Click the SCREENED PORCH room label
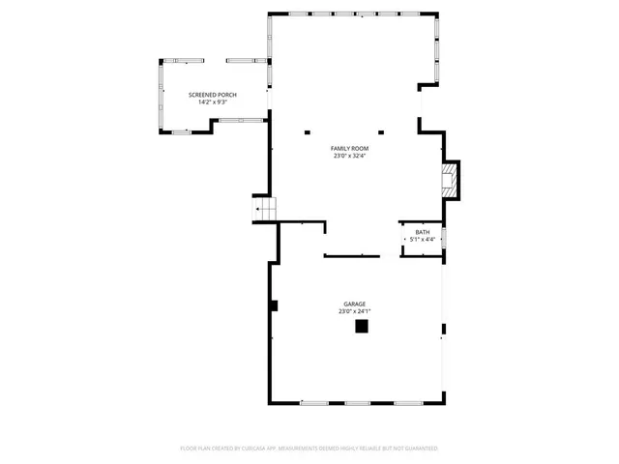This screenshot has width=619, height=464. [x=211, y=95]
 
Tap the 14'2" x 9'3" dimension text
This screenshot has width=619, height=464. [x=211, y=102]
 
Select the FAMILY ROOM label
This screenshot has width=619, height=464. [x=350, y=148]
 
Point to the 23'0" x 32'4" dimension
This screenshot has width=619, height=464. [x=350, y=156]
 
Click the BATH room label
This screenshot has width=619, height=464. [x=423, y=232]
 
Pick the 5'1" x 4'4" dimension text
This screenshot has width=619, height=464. [x=423, y=240]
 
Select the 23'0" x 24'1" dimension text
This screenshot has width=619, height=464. [x=354, y=311]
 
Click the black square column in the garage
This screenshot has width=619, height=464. [x=362, y=327]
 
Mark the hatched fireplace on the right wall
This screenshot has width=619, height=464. [x=449, y=180]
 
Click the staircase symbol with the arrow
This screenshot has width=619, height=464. [x=264, y=208]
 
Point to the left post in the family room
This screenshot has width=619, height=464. [x=307, y=133]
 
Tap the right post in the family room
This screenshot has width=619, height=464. [x=381, y=133]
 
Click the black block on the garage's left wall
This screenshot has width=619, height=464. [x=275, y=305]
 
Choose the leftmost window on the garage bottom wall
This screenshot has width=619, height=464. [x=314, y=402]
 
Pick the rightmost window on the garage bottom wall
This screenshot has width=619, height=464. [x=407, y=402]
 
